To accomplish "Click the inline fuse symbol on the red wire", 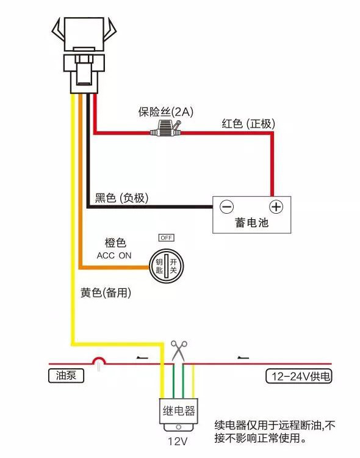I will click(x=166, y=129).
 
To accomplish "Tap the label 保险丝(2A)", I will click(x=165, y=112).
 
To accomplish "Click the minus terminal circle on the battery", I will click(x=226, y=206).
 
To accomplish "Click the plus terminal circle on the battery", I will click(x=276, y=206).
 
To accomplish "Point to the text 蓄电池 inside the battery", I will click(x=251, y=222).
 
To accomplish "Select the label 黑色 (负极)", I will click(x=122, y=198).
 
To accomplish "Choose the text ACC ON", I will click(x=114, y=256).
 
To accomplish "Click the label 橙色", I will click(x=115, y=243).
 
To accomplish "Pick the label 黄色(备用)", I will click(x=106, y=293).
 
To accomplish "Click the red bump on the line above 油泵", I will click(x=98, y=363).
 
